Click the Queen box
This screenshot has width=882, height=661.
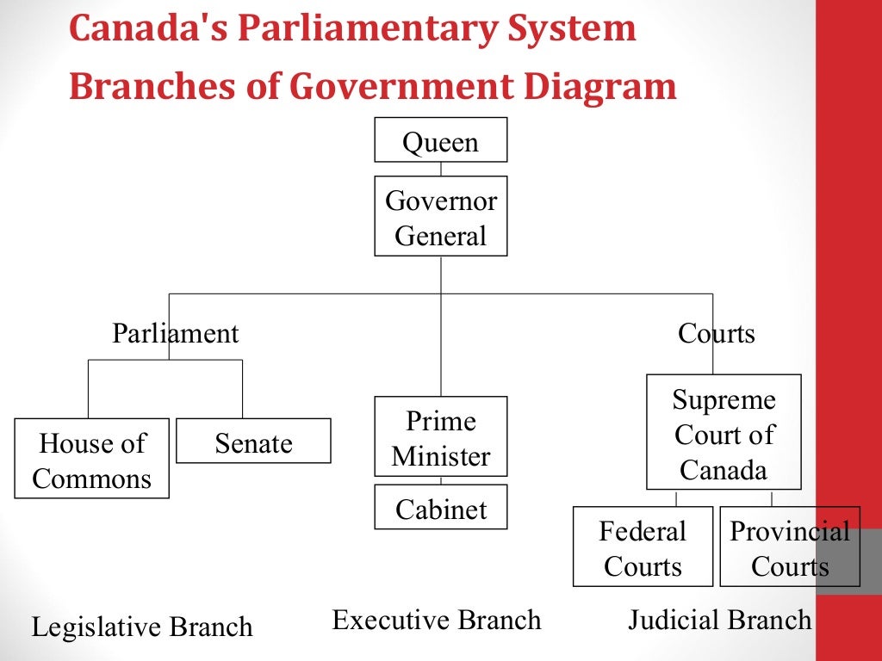tap(440, 140)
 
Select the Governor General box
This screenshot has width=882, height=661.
tap(440, 216)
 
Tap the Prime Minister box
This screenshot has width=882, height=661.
tap(440, 436)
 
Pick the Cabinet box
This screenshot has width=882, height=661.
tap(440, 507)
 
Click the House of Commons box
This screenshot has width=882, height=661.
tap(91, 459)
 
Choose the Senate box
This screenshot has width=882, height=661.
tap(253, 441)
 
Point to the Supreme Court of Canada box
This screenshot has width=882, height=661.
tap(724, 433)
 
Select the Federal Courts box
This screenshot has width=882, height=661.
tap(643, 547)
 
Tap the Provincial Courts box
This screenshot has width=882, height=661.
tap(789, 547)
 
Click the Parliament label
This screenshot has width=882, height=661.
tap(175, 333)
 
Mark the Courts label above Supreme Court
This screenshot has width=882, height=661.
tap(716, 333)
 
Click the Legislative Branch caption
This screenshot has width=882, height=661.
tap(142, 627)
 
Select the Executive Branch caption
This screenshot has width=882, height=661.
tap(437, 620)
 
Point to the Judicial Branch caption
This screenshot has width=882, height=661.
tap(719, 620)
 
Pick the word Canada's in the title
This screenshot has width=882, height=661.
tap(146, 29)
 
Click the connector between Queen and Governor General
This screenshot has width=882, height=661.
tap(441, 169)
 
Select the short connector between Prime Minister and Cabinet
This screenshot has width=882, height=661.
tap(441, 480)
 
